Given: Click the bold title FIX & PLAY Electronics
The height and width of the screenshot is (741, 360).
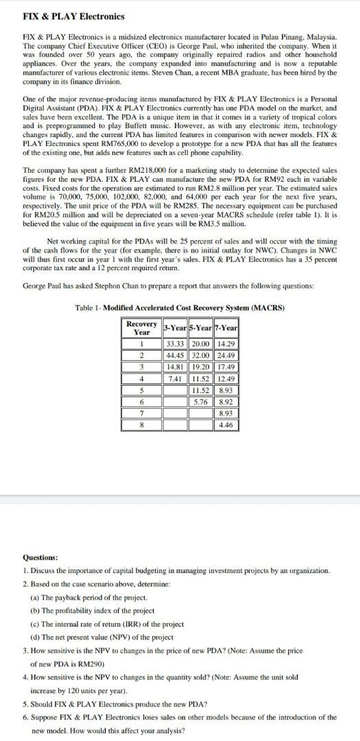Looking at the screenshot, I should (x=64, y=16).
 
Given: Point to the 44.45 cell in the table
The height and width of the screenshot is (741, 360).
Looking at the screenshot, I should (x=177, y=355).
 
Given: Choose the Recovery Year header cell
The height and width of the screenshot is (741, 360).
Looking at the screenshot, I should (x=141, y=327).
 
